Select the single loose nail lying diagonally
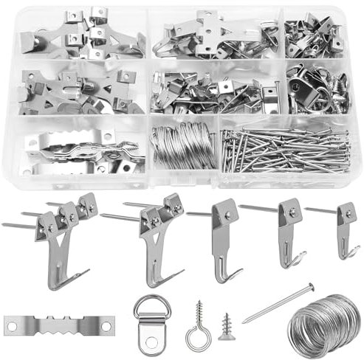(277, 302)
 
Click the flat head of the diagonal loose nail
(308, 285)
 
